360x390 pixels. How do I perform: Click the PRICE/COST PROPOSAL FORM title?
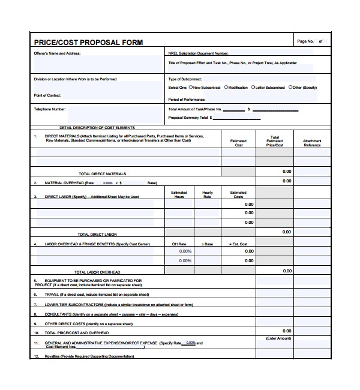(x=88, y=43)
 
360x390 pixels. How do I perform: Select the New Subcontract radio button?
(x=191, y=88)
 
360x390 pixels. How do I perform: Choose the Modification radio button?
(x=226, y=88)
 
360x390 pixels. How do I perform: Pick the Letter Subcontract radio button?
(x=253, y=88)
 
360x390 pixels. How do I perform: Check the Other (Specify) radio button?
(x=290, y=88)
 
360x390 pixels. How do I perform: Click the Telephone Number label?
(x=50, y=109)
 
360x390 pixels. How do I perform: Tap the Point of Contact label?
(x=47, y=95)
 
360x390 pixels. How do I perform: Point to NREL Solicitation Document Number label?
(x=199, y=53)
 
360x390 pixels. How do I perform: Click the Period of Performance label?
(x=187, y=100)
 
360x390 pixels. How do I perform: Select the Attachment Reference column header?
(x=312, y=143)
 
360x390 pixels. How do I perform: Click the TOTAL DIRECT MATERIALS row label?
(x=103, y=173)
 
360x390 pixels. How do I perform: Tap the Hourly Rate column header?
(x=208, y=194)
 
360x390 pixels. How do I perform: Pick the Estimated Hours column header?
(x=179, y=194)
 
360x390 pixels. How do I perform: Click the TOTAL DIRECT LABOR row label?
(x=97, y=234)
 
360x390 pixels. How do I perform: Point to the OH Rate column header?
(x=179, y=244)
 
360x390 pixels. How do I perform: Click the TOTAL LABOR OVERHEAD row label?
(x=97, y=272)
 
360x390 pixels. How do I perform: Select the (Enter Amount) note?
(x=278, y=338)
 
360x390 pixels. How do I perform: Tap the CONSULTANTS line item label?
(x=58, y=314)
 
